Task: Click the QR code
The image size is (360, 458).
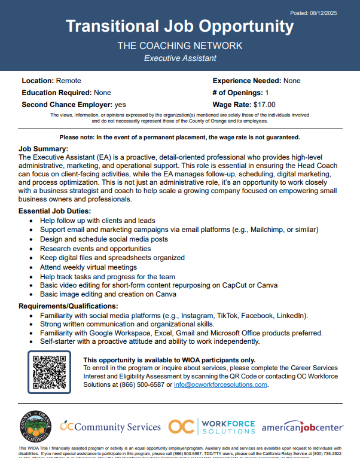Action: click(49, 372)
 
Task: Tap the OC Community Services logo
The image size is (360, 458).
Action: click(111, 426)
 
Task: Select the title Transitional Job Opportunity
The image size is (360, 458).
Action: click(179, 27)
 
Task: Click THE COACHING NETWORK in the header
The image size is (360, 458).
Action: click(179, 45)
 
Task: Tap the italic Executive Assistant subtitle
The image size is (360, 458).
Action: click(180, 58)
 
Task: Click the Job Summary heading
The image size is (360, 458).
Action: click(44, 148)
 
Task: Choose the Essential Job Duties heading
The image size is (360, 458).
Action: click(54, 211)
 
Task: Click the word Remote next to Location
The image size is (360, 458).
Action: click(69, 81)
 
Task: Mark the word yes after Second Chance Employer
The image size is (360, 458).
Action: click(120, 105)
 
